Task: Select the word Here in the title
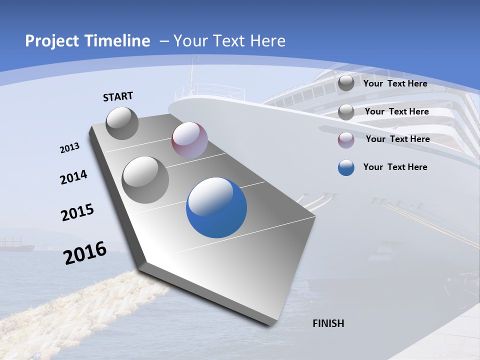pyautogui.click(x=268, y=41)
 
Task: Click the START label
pyautogui.click(x=118, y=96)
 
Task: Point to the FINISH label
pyautogui.click(x=328, y=323)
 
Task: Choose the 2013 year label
pyautogui.click(x=70, y=148)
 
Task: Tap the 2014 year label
pyautogui.click(x=74, y=177)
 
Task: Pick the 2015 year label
pyautogui.click(x=77, y=212)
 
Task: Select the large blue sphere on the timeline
pyautogui.click(x=216, y=207)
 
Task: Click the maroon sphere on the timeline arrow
pyautogui.click(x=189, y=140)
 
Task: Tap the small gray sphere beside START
pyautogui.click(x=122, y=123)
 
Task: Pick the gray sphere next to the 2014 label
pyautogui.click(x=145, y=179)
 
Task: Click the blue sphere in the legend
pyautogui.click(x=346, y=167)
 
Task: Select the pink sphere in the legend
pyautogui.click(x=346, y=140)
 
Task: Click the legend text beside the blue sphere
pyautogui.click(x=395, y=167)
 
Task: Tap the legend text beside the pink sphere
pyautogui.click(x=397, y=139)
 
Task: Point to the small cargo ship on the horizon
pyautogui.click(x=16, y=245)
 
